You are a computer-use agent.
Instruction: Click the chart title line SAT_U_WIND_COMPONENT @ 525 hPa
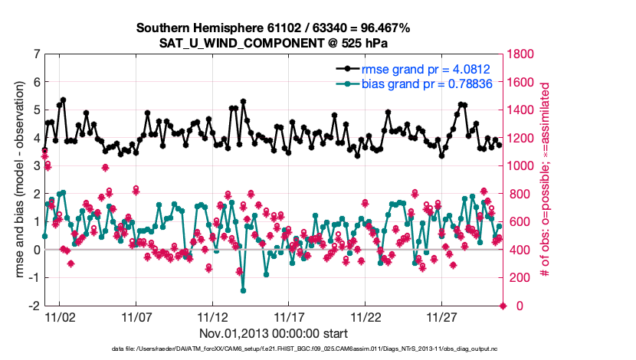[x=274, y=43]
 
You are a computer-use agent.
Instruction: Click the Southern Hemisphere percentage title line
[x=274, y=28]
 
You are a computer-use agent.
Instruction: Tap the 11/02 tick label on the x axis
[x=59, y=316]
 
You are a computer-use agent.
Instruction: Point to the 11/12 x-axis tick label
[x=212, y=316]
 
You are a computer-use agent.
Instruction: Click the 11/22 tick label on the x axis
[x=366, y=316]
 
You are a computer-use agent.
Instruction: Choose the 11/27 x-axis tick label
[x=443, y=316]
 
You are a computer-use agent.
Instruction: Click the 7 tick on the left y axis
[x=36, y=54]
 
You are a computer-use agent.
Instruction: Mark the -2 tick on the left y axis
[x=34, y=306]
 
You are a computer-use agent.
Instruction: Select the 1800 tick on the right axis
[x=521, y=54]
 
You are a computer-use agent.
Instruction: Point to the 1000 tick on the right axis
[x=521, y=166]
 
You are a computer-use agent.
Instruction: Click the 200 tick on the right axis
[x=518, y=278]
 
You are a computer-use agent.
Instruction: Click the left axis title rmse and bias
[x=20, y=180]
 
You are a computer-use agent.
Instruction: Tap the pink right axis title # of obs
[x=546, y=180]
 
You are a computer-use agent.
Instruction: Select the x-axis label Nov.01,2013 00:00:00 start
[x=274, y=332]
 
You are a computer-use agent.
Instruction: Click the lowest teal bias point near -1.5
[x=243, y=290]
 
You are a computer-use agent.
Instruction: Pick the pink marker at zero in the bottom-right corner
[x=503, y=306]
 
